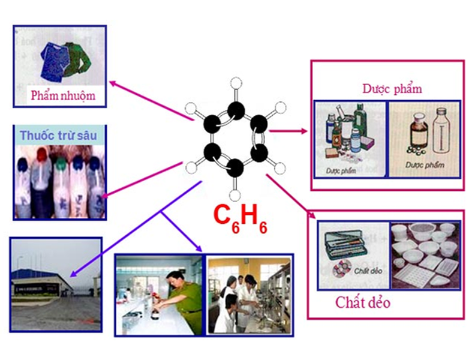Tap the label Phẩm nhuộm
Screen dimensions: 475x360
(x=63, y=96)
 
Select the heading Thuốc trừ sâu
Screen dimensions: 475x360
(x=58, y=136)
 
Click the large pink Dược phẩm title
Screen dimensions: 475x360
(x=392, y=89)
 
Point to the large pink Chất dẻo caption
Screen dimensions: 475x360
(x=363, y=302)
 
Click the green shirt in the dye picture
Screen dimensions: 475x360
(x=78, y=59)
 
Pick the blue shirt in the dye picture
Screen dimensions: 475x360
(x=55, y=62)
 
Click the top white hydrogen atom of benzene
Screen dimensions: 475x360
(x=236, y=83)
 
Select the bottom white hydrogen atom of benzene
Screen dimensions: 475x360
(x=235, y=196)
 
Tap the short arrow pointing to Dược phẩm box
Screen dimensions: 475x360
(x=288, y=131)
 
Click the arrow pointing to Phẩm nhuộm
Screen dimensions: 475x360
(x=152, y=101)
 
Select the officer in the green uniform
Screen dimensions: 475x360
(x=184, y=300)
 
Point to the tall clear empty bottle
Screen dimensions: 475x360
(x=441, y=131)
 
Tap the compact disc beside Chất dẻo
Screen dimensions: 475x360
(x=342, y=268)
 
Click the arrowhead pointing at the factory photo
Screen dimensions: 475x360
(x=73, y=274)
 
